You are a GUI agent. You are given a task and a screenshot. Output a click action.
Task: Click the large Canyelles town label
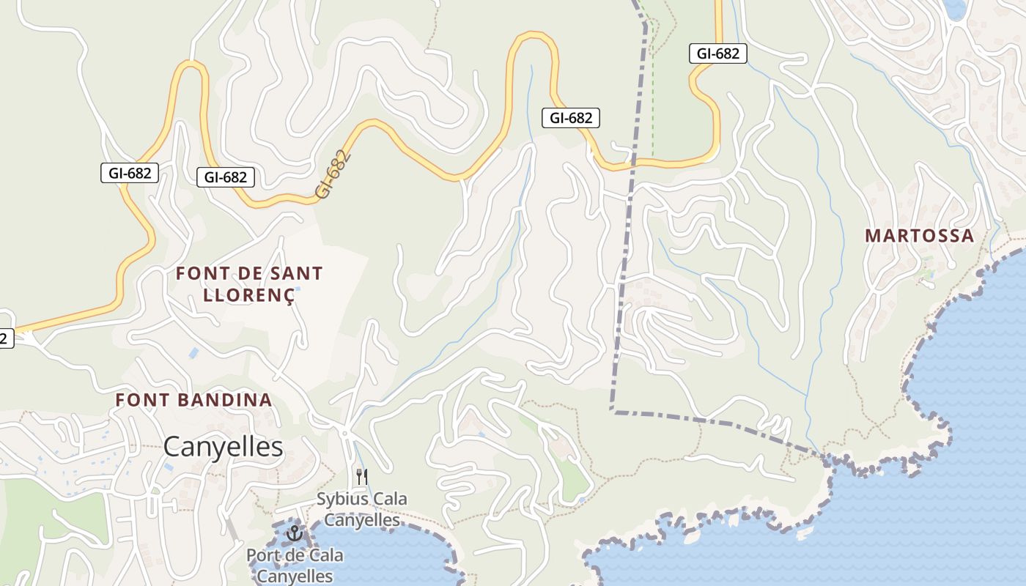point(223,446)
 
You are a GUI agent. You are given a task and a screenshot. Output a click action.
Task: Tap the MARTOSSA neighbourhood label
point(919,236)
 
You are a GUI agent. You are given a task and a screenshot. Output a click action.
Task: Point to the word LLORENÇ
point(248,295)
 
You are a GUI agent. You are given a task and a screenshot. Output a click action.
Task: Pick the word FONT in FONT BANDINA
point(140,400)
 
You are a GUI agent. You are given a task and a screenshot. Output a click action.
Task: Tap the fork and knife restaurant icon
point(361,477)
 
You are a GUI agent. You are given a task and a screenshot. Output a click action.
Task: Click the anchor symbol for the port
point(295,533)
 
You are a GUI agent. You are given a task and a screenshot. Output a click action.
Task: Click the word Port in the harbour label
point(262,555)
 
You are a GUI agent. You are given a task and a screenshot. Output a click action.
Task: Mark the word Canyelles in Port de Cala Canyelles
point(295,576)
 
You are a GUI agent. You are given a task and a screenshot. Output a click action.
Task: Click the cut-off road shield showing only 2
point(4,338)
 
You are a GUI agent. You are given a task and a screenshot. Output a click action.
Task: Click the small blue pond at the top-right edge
point(955,9)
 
